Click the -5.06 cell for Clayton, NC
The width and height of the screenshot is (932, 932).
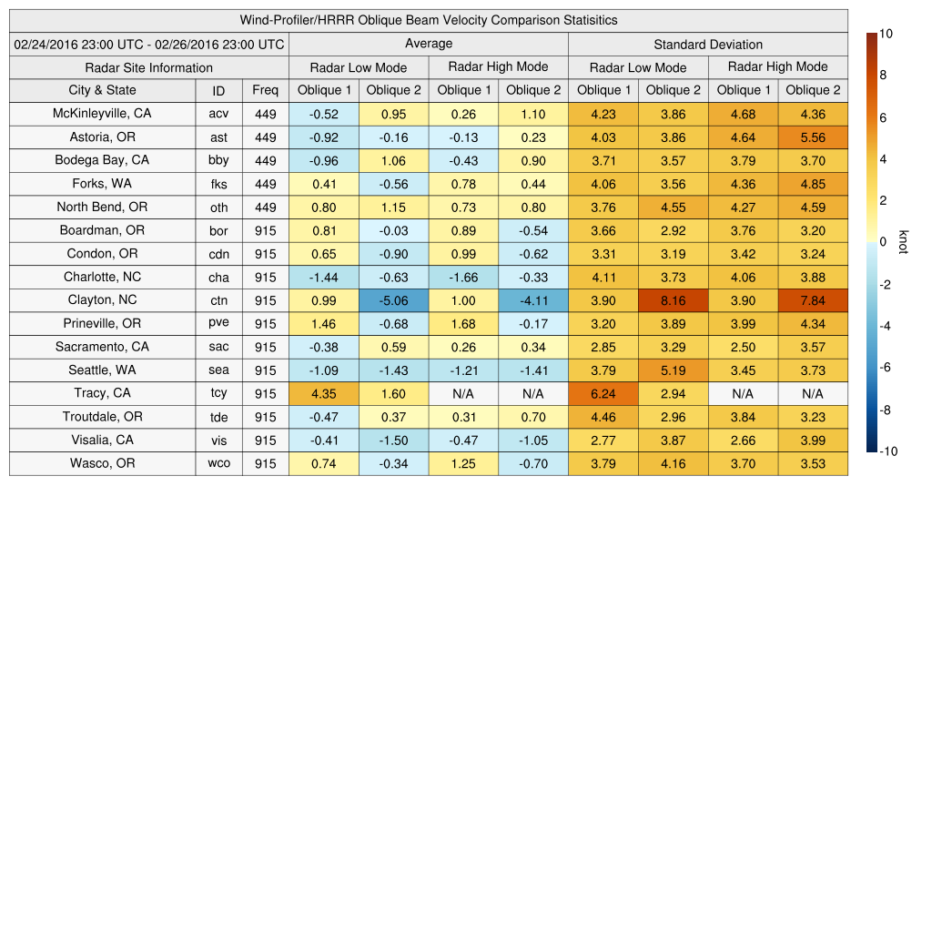[x=393, y=300]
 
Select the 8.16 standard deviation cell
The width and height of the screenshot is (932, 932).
[x=673, y=300]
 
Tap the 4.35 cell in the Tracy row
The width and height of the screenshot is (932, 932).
[x=323, y=394]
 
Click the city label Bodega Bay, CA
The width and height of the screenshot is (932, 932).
[x=102, y=160]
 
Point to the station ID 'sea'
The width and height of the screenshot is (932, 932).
[x=218, y=370]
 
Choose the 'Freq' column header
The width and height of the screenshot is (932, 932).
[x=266, y=90]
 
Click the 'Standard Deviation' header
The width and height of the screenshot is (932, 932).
[x=708, y=44]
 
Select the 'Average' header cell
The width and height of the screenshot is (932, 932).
[x=428, y=44]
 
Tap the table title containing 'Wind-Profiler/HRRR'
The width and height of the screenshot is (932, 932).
[x=428, y=20]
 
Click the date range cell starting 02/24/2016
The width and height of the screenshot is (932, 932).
[x=149, y=44]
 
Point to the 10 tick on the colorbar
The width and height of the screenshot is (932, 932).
[x=886, y=34]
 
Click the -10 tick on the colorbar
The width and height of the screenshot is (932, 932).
[x=886, y=451]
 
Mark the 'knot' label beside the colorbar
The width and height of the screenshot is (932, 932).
[x=902, y=242]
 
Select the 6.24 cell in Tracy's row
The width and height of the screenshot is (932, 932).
[x=603, y=394]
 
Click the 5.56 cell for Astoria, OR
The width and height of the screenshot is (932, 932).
[x=813, y=137]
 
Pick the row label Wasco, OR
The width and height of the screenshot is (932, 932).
[x=102, y=463]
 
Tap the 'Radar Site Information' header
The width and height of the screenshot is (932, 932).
[x=149, y=67]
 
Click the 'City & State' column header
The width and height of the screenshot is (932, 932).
[x=102, y=90]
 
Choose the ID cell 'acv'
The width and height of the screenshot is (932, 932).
[x=218, y=115]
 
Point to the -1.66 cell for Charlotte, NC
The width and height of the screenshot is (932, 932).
[x=463, y=278]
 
